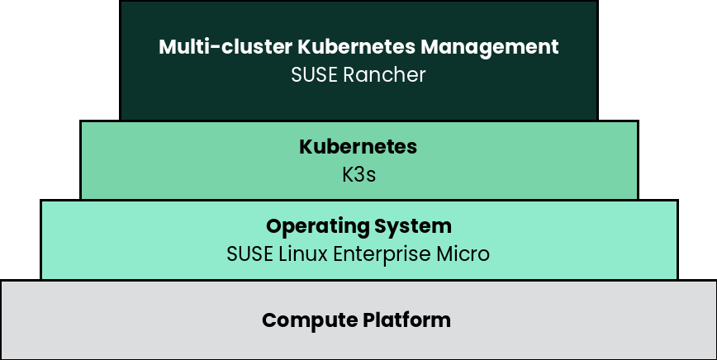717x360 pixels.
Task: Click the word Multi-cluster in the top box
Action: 226,46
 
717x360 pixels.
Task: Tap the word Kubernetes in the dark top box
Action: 357,46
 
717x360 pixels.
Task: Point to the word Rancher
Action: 384,75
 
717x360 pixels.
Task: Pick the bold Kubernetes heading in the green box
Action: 358,147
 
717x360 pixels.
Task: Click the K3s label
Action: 359,174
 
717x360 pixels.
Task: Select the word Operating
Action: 317,227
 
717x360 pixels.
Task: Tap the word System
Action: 413,227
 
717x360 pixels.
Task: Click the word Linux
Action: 303,254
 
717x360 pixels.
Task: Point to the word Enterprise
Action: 382,255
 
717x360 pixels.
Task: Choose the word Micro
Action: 463,254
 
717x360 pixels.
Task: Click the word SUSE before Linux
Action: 250,254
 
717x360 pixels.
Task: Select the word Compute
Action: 310,320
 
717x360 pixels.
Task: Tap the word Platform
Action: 406,320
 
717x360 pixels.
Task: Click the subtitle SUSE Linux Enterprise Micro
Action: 358,255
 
